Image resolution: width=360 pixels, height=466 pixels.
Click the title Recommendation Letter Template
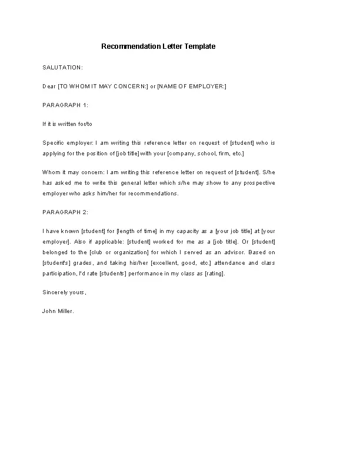pyautogui.click(x=158, y=46)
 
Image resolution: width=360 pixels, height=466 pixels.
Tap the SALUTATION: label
pyautogui.click(x=63, y=68)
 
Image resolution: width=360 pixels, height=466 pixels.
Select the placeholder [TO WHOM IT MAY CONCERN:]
pyautogui.click(x=103, y=86)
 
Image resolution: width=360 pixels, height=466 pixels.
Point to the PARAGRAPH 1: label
pyautogui.click(x=65, y=105)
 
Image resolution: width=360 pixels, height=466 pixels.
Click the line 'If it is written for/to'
pyautogui.click(x=68, y=124)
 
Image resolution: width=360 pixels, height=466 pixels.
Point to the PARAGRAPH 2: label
pyautogui.click(x=65, y=212)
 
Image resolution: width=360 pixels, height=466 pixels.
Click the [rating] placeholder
pyautogui.click(x=215, y=274)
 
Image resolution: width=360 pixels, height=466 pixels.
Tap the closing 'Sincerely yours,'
pyautogui.click(x=64, y=292)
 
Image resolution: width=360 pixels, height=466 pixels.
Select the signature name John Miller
pyautogui.click(x=58, y=311)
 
